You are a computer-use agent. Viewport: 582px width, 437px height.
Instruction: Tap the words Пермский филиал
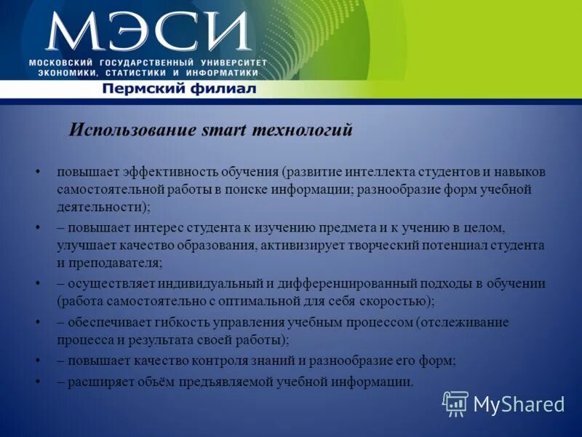tap(179, 89)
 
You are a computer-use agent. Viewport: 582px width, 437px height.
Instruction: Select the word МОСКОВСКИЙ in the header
tap(63, 63)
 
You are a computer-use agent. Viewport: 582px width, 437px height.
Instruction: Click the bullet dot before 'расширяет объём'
tap(37, 381)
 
